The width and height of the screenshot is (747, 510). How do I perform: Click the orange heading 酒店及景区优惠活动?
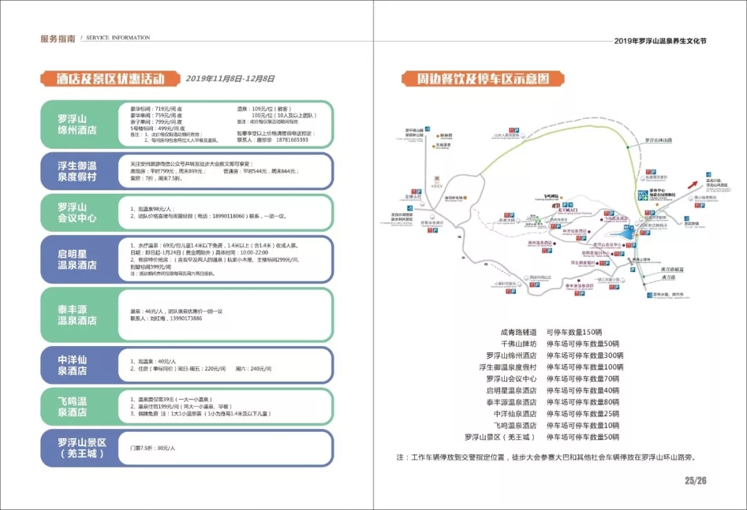click(x=110, y=78)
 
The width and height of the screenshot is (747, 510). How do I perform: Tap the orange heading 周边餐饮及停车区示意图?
click(x=483, y=78)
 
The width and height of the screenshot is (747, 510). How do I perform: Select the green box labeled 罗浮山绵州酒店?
click(x=77, y=124)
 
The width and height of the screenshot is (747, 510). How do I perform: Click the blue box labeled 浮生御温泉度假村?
click(x=77, y=171)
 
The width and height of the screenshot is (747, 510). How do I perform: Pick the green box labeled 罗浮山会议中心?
click(x=77, y=212)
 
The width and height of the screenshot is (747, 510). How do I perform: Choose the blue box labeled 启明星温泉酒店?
click(x=77, y=259)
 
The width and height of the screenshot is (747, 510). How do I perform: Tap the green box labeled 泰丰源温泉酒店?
click(x=77, y=315)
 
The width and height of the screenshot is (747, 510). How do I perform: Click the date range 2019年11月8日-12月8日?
click(x=230, y=79)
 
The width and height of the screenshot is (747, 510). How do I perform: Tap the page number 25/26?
click(x=695, y=481)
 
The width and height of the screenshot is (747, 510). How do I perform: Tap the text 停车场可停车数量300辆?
click(x=584, y=355)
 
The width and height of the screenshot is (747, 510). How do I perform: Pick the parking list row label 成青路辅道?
click(x=518, y=332)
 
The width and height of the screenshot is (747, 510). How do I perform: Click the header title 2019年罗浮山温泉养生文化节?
click(x=660, y=41)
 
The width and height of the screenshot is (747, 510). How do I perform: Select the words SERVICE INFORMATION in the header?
click(x=118, y=37)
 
